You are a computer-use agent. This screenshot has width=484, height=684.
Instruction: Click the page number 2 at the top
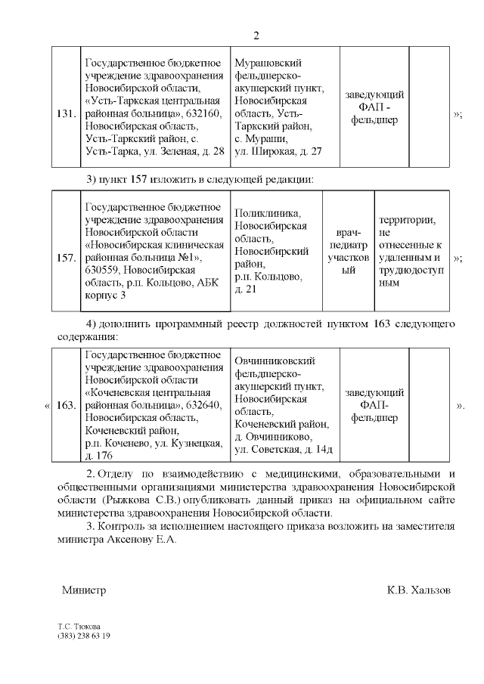[256, 36]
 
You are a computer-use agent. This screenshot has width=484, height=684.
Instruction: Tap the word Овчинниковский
[275, 361]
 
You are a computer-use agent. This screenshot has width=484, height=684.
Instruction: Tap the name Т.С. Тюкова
[78, 627]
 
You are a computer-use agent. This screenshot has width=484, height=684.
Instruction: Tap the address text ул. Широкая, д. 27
[278, 151]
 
